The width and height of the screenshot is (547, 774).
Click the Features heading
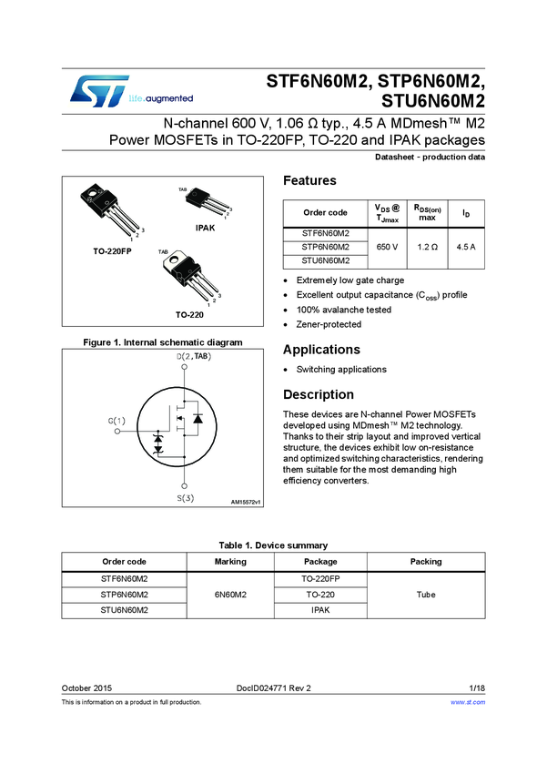click(x=309, y=180)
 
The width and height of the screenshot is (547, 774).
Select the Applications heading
click(x=321, y=350)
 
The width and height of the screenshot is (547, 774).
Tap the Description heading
click(x=319, y=394)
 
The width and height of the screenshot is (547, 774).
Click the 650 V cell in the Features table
click(x=386, y=247)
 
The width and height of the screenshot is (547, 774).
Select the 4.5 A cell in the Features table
click(x=465, y=247)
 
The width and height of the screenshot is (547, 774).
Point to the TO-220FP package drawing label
click(x=112, y=250)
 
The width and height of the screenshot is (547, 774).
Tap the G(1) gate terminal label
click(x=116, y=421)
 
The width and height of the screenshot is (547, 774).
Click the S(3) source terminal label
click(x=185, y=498)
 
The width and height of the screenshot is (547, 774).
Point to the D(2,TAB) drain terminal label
click(x=194, y=356)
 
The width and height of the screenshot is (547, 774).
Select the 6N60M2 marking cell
click(x=230, y=595)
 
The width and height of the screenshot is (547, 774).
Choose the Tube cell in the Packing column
click(x=426, y=595)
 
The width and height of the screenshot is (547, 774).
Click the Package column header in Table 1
click(x=320, y=562)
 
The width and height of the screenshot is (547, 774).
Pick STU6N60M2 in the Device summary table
click(x=124, y=610)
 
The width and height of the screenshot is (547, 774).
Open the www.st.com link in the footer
click(x=468, y=702)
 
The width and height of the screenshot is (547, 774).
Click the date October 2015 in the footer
click(x=86, y=687)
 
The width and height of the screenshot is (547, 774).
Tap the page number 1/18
click(x=477, y=687)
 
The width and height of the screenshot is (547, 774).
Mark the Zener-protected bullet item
click(x=329, y=324)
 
